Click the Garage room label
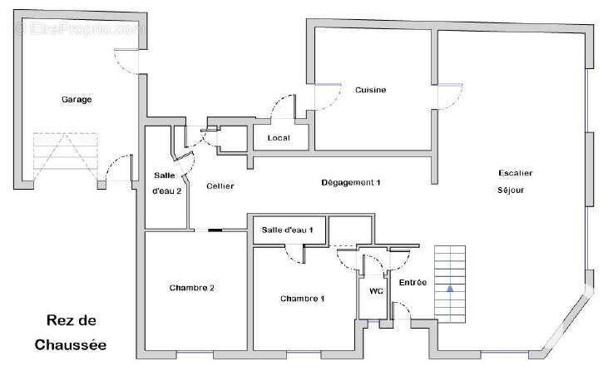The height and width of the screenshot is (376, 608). pos(77,100)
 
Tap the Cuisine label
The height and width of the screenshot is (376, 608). pos(371,90)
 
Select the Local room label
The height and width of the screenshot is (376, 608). pos(279,137)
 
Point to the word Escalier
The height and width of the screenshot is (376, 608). pos(516,173)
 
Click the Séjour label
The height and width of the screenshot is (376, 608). pos(511,190)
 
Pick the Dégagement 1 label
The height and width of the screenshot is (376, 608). pos(350,182)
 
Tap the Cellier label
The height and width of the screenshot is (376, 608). pos(220,186)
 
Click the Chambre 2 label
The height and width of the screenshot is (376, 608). pos(191,288)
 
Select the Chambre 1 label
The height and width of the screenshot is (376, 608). pos(302,299)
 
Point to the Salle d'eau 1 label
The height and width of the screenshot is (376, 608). pos(287,230)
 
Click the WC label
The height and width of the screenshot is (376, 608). pos(376,290)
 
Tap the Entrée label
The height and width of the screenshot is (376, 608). pos(413,283)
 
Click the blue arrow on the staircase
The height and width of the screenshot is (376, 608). pos(450,289)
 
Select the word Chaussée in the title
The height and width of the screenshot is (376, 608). pos(71,344)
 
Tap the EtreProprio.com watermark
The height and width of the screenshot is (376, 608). pos(81,28)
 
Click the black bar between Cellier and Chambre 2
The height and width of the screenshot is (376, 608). pos(215,230)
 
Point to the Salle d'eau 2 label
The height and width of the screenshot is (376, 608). pos(166,183)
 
